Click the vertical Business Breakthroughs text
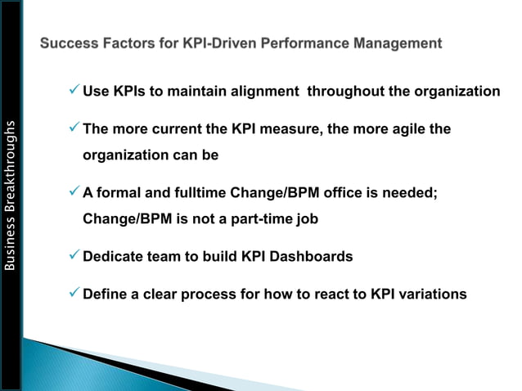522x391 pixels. [x=10, y=195]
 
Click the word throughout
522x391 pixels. [x=345, y=91]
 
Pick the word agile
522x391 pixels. [x=404, y=130]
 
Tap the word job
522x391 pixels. [x=306, y=219]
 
